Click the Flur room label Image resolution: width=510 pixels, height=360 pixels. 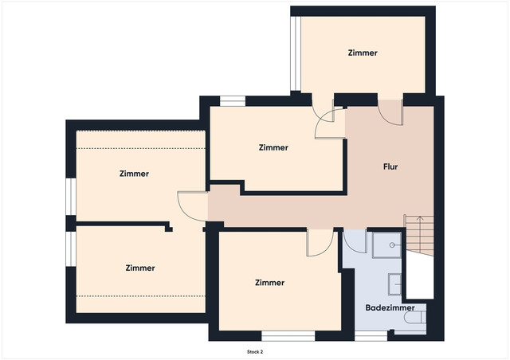point(390,166)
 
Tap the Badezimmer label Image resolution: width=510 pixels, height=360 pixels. point(390,307)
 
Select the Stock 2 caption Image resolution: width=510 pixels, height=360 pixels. point(255,352)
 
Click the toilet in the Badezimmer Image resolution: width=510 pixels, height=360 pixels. point(414,317)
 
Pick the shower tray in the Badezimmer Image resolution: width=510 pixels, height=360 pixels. point(386,245)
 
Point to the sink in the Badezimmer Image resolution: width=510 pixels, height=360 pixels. point(395,284)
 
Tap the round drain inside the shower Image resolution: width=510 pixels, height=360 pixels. point(392,245)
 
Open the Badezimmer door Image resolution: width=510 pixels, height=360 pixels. point(355,241)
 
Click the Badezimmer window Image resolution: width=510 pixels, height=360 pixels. point(371,336)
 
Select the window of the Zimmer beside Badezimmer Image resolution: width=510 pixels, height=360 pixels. point(288,336)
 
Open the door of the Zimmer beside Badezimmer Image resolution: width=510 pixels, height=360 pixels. point(320,243)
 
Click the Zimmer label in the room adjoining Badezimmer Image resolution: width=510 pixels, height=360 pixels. point(269,283)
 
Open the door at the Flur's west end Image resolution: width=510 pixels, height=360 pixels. point(193,206)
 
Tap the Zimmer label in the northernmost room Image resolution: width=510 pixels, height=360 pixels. point(363,53)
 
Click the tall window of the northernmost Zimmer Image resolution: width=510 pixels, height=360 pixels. point(296,53)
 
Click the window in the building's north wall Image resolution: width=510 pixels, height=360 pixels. point(233,101)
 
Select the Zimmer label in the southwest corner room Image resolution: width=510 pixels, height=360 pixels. point(140,268)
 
